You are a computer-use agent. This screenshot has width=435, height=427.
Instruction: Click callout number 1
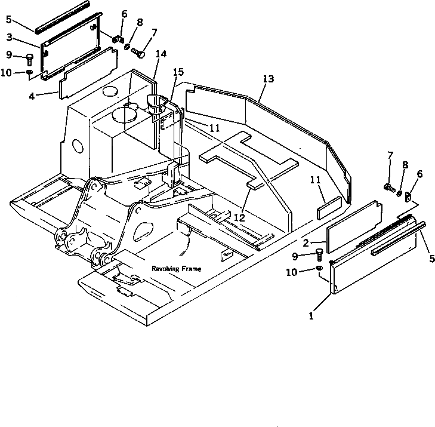coord(311,316)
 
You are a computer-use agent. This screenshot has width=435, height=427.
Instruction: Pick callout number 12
coord(239,219)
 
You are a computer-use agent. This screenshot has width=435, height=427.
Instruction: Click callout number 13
coord(268,79)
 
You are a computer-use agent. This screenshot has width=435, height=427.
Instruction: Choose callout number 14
coord(160,54)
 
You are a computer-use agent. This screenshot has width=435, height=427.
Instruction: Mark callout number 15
coord(178,72)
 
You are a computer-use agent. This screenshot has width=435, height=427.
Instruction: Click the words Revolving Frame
coord(176,269)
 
